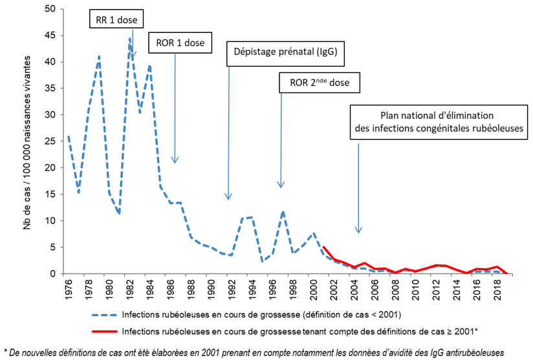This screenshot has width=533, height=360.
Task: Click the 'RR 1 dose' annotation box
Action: tap(113, 19)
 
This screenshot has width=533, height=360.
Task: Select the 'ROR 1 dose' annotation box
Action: tap(180, 43)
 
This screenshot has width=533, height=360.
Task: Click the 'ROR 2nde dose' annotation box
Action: tap(319, 83)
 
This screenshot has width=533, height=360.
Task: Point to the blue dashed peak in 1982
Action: tap(129, 38)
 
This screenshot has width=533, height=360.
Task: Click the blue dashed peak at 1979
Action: tap(99, 56)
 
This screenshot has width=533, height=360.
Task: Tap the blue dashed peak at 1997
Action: tap(283, 211)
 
